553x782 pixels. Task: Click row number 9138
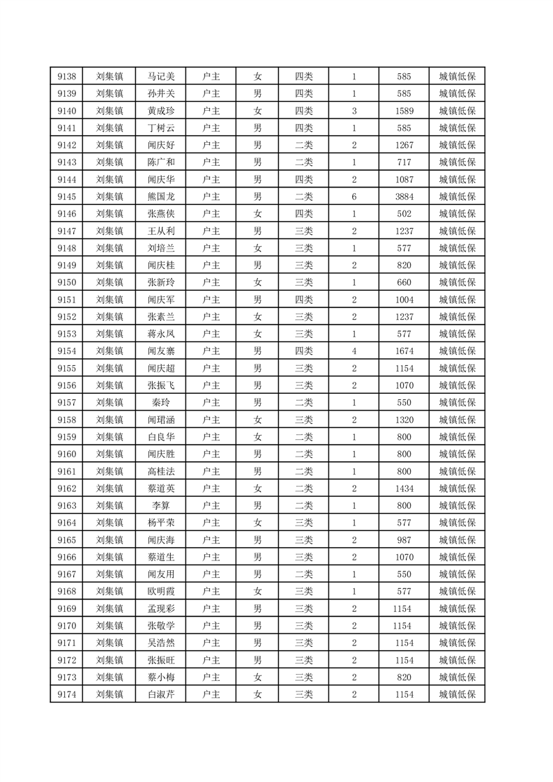coord(67,77)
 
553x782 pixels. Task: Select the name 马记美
coord(161,77)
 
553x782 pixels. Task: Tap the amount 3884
coord(404,197)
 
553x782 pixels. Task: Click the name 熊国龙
coord(161,197)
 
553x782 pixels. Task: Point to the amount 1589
coord(404,111)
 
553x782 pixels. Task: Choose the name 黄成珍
coord(161,111)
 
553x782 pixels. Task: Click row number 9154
coord(67,351)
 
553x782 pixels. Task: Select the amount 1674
coord(404,351)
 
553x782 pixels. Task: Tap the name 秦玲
coord(161,402)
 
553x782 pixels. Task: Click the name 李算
coord(161,505)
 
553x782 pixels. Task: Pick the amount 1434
coord(404,488)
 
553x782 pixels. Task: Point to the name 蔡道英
coord(161,488)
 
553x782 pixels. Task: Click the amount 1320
coord(404,420)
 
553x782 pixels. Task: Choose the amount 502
coord(404,214)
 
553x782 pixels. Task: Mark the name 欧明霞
coord(161,591)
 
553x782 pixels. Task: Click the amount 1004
coord(404,300)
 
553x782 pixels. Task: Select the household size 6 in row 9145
coord(354,197)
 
